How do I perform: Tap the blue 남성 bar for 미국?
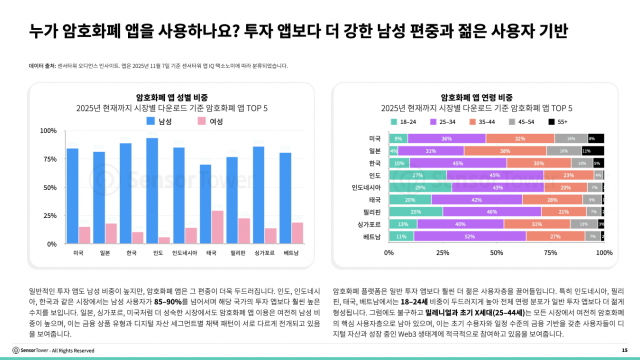click(72, 196)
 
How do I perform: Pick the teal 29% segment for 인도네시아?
click(420, 187)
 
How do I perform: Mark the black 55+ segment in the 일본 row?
click(592, 149)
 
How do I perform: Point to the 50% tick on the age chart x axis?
click(497, 254)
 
